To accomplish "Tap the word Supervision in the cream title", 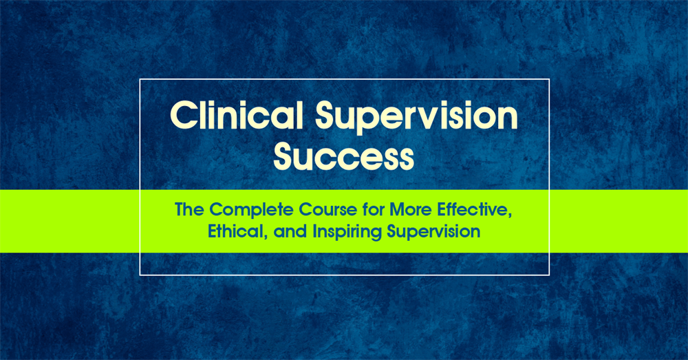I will point(416,118).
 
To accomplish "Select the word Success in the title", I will point(344,158).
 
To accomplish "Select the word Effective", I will point(473,209).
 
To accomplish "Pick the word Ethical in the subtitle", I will point(237,232).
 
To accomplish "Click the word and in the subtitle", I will point(290,232).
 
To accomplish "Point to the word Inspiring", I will point(347,233).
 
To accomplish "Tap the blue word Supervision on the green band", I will point(433,233).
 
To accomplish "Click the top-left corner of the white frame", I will point(140,79).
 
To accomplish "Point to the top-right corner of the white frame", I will point(549,79).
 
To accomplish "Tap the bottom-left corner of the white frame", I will point(140,275).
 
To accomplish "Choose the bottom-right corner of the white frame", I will point(549,275).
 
